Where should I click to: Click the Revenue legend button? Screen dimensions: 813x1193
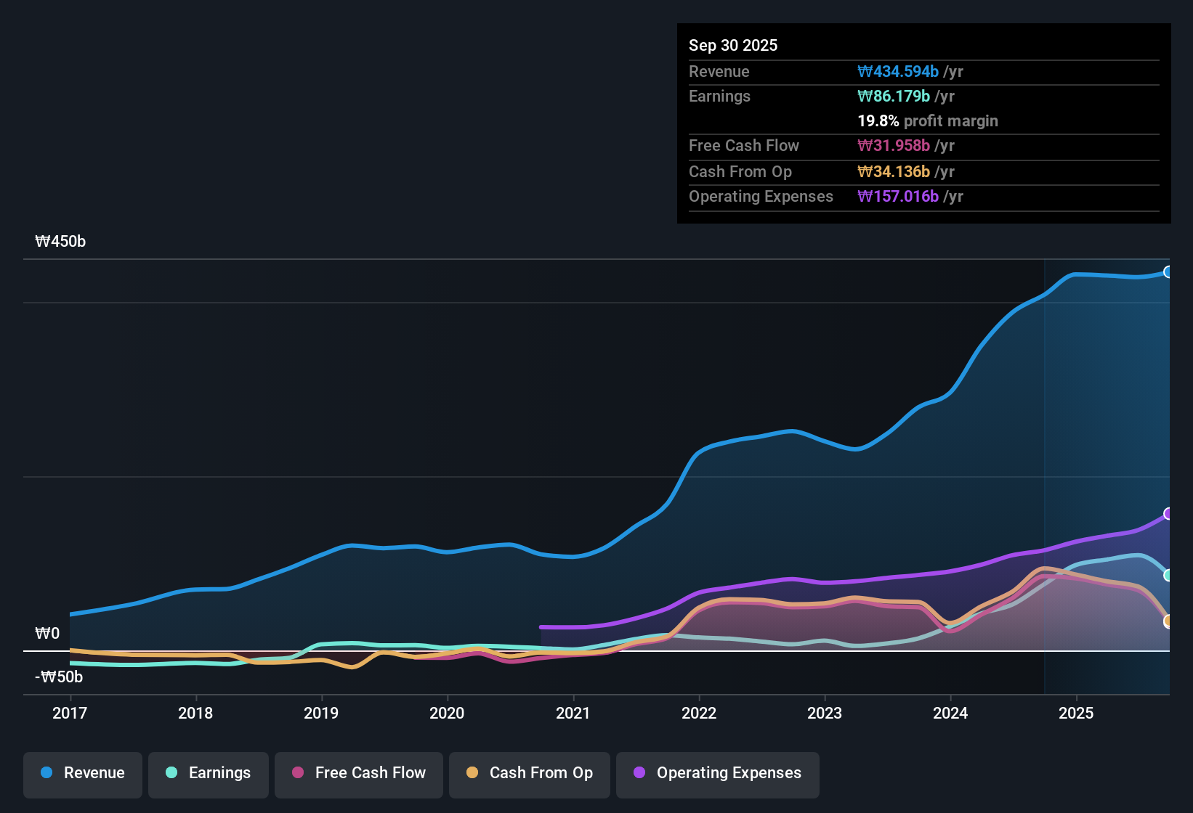[x=83, y=773]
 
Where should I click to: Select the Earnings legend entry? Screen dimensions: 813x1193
[x=209, y=773]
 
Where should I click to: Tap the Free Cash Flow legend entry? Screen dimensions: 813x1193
[x=359, y=773]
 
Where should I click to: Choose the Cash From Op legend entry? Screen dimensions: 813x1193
[x=530, y=773]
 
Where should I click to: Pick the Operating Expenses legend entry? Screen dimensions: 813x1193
[x=718, y=773]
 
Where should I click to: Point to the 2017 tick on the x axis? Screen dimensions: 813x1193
[x=70, y=713]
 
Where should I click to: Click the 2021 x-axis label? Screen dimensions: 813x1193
[x=573, y=713]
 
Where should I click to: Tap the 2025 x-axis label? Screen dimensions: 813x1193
[x=1076, y=713]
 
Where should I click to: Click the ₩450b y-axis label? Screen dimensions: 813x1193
[x=60, y=242]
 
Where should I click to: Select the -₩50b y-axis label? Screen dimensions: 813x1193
[x=59, y=677]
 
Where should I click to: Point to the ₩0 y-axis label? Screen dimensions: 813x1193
[x=47, y=634]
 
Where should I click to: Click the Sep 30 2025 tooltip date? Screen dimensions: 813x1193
[x=732, y=45]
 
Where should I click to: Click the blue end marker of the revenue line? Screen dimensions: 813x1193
[x=1168, y=272]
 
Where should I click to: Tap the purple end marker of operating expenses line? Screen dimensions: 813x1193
[x=1168, y=514]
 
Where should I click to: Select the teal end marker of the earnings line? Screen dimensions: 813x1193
[x=1168, y=575]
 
